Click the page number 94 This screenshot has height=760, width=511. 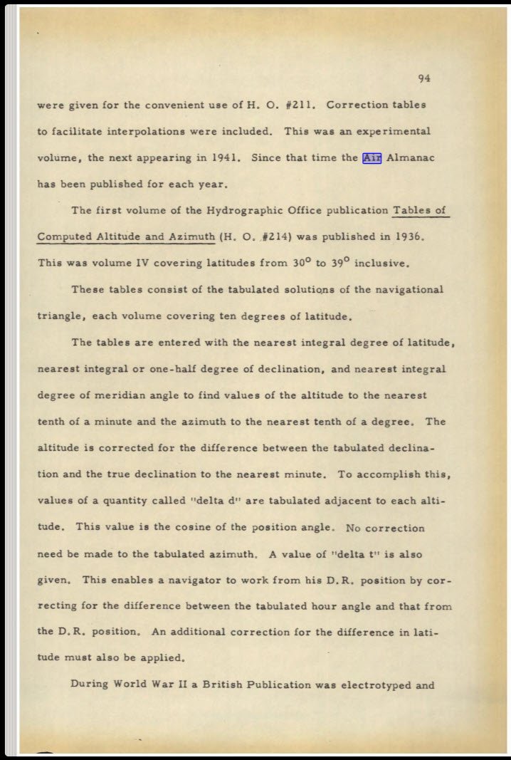pyautogui.click(x=424, y=78)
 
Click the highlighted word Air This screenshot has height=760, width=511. pyautogui.click(x=372, y=157)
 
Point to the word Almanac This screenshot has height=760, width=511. pyautogui.click(x=409, y=157)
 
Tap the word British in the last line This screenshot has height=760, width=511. pyautogui.click(x=223, y=684)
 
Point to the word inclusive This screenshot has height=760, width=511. pyautogui.click(x=381, y=263)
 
